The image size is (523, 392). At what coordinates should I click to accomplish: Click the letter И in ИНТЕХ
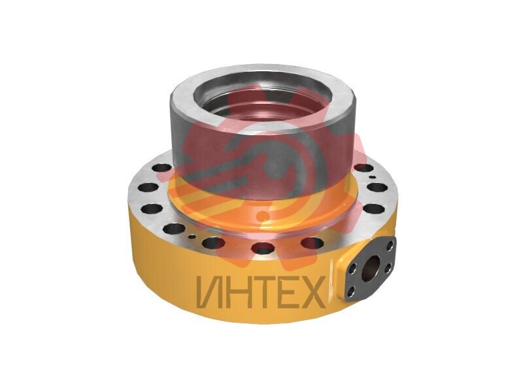[208, 292]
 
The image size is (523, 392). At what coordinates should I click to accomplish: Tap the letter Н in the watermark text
[235, 292]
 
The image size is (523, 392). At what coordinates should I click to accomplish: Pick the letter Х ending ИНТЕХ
[312, 292]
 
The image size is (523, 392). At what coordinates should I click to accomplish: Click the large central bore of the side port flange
[371, 265]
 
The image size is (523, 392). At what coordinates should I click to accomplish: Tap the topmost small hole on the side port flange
[390, 247]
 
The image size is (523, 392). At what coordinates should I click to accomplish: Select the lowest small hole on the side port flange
[351, 293]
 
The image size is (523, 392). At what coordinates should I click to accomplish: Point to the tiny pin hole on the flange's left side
[192, 237]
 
